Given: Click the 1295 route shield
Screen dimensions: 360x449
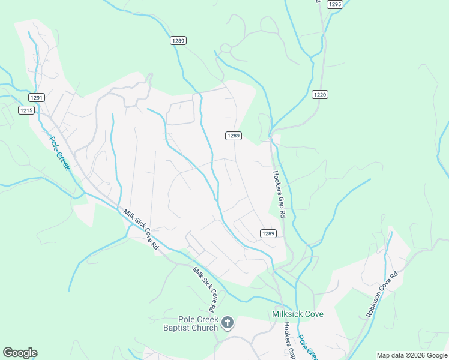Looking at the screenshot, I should tap(335, 4).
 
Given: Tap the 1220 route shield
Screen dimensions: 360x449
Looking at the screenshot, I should tap(320, 94).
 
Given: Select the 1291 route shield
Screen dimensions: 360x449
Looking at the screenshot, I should tap(37, 97).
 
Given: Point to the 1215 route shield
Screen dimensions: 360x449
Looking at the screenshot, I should tap(26, 110).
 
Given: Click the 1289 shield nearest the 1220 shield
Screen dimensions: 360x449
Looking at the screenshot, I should tap(234, 136).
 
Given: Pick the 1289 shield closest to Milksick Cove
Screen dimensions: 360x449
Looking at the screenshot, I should tap(268, 233).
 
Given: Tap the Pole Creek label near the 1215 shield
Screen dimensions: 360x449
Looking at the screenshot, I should tap(60, 153).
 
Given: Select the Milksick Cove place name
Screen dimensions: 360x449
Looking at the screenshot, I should tap(298, 314).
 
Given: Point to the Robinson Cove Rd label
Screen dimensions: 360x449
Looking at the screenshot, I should tap(382, 295).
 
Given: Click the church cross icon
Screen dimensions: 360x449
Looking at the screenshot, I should tap(227, 323).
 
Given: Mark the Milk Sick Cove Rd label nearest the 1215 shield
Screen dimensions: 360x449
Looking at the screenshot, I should tap(141, 230).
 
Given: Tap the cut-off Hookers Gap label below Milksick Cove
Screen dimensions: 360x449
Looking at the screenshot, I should tap(289, 340).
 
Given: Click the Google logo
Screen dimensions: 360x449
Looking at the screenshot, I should tap(20, 353).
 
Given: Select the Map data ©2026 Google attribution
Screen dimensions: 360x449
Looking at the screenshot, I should tap(412, 355).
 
